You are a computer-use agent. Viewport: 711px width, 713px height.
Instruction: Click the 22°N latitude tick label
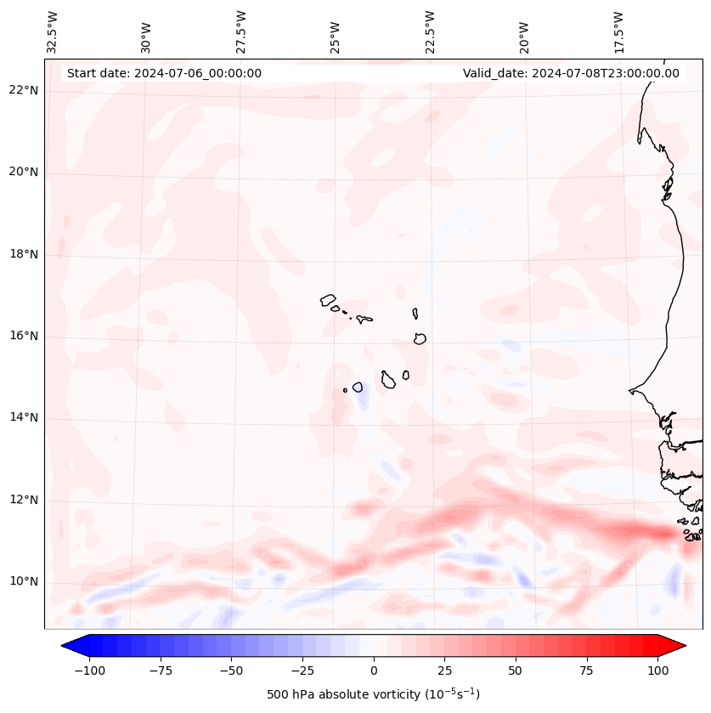24,91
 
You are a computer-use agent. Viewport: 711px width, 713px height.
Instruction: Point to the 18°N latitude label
24,254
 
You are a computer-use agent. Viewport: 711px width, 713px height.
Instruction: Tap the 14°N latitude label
24,417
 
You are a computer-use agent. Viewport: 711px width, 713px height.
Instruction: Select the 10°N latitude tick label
24,581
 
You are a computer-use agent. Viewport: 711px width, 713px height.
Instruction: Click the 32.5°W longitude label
53,31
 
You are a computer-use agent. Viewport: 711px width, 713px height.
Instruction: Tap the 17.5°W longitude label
618,31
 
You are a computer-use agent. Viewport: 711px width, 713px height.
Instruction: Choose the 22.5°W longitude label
430,31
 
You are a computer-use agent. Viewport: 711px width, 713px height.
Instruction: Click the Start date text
164,73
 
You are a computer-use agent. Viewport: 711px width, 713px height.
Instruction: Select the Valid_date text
571,73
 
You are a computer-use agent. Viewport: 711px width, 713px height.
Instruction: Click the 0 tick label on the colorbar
374,671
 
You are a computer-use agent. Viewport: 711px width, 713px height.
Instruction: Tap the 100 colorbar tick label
657,671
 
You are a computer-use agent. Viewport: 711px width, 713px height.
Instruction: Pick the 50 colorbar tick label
516,671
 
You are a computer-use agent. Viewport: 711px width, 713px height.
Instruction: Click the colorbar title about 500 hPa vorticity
374,694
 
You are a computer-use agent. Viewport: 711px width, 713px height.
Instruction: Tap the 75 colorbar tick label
586,671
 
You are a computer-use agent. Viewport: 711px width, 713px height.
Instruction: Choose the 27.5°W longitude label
241,31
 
